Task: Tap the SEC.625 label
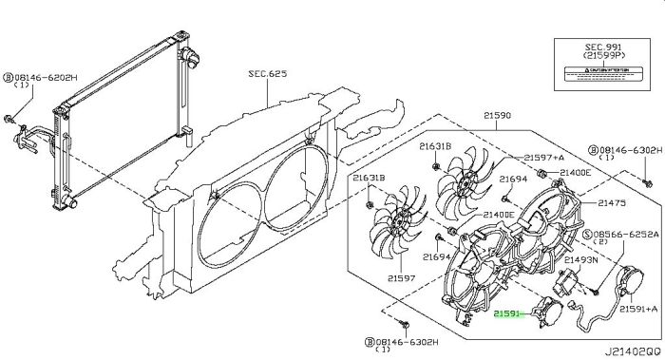(x=268, y=73)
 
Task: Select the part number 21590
(x=496, y=115)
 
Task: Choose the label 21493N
(x=581, y=258)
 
